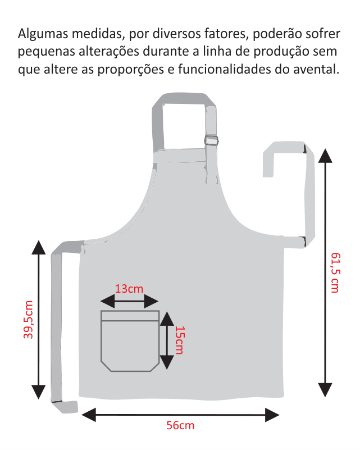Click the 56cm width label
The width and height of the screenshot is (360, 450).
[180, 425]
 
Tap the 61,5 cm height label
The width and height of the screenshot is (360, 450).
[335, 272]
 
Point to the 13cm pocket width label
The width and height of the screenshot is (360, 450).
[129, 289]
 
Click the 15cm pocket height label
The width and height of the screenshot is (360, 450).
[179, 340]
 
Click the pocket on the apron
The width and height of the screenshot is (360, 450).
[130, 340]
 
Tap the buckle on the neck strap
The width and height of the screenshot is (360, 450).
[211, 140]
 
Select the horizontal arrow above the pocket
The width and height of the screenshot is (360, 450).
[130, 302]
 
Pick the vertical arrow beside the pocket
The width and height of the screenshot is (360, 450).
[167, 340]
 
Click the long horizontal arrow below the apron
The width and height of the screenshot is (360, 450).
[180, 415]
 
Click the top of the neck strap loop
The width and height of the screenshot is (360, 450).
[185, 102]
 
